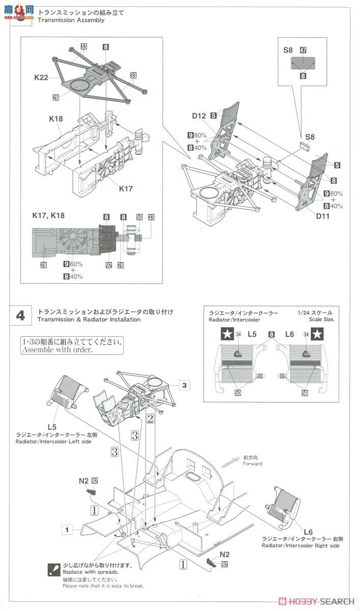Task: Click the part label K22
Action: tap(41, 77)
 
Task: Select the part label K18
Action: tap(56, 119)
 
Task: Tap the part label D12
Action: tap(199, 116)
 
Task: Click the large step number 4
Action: tap(20, 315)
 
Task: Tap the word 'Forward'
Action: tap(253, 464)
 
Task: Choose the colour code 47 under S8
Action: tap(302, 51)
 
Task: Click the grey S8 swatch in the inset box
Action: tap(303, 63)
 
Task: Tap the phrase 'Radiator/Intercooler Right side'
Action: tap(300, 545)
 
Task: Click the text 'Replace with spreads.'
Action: tap(88, 572)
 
